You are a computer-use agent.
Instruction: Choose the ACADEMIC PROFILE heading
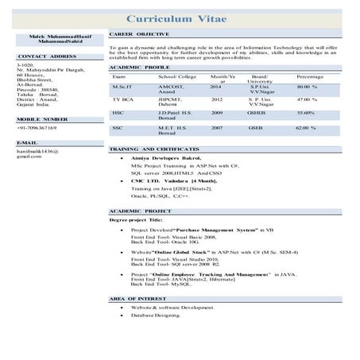tap(137, 68)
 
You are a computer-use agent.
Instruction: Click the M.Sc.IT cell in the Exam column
tap(122, 85)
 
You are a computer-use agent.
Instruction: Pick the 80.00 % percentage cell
tap(307, 85)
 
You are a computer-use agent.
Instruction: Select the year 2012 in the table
tap(217, 99)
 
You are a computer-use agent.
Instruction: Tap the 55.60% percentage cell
tap(307, 113)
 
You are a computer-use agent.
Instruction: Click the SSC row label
tap(118, 127)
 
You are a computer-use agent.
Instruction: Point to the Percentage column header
tap(309, 76)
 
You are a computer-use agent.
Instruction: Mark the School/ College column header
tap(176, 76)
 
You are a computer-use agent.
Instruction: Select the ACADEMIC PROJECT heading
tap(139, 211)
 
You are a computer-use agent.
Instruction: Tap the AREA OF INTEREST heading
tap(137, 297)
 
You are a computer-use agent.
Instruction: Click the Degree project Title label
tap(136, 219)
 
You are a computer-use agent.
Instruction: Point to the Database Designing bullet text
tap(157, 315)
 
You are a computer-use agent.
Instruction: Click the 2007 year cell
tap(217, 127)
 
